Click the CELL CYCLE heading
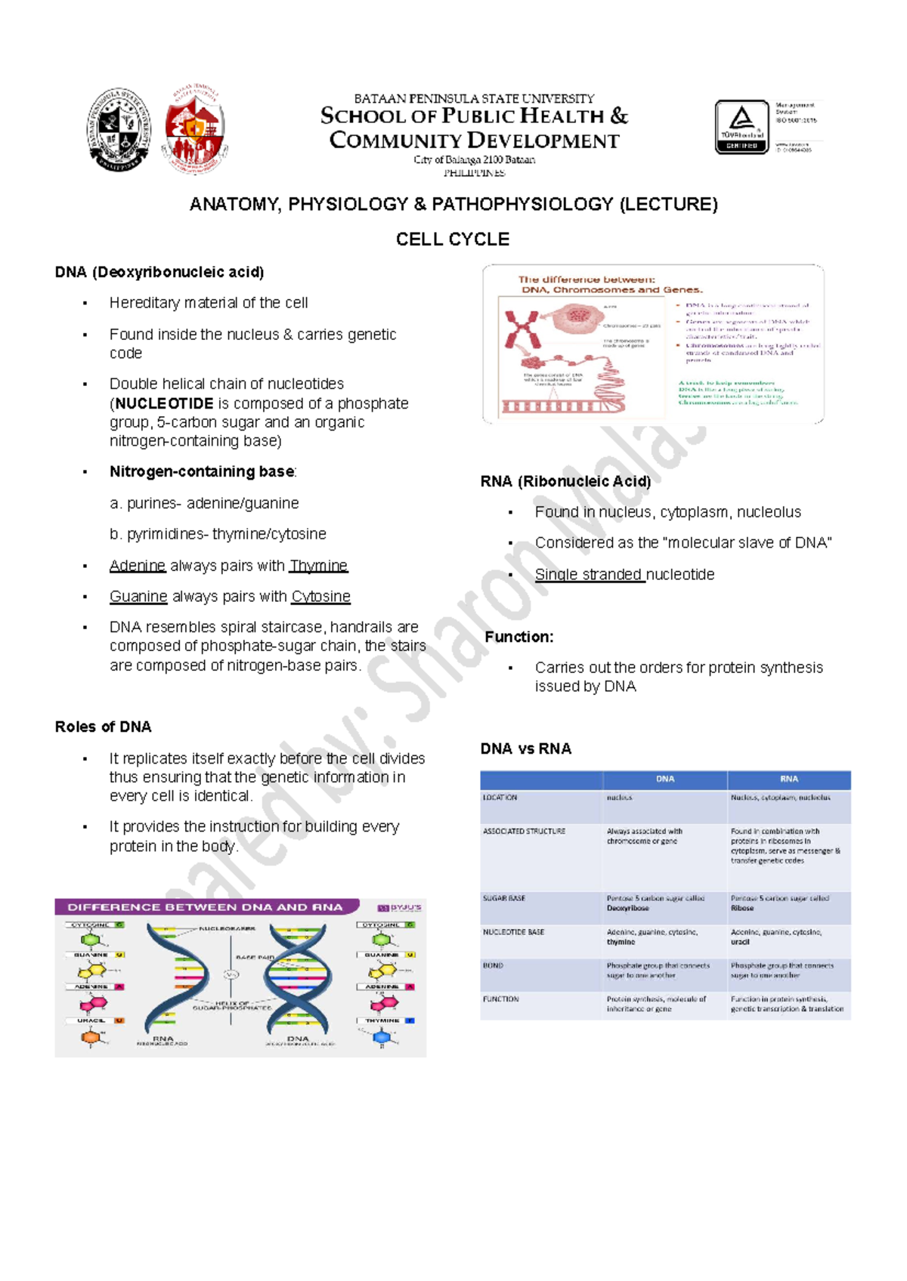coord(452,239)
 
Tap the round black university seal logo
coord(119,129)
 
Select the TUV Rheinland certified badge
coord(741,127)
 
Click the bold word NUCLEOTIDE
coord(164,403)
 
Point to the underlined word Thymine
coord(318,566)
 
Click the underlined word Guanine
coord(138,597)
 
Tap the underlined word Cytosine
coord(320,597)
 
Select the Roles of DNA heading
coord(103,727)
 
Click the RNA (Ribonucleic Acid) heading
coord(565,481)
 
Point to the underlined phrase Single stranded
coord(589,575)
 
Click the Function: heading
coord(519,637)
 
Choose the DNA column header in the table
coord(664,779)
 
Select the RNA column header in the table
coord(788,779)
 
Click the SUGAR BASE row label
coord(504,898)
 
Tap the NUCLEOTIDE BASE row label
coord(513,932)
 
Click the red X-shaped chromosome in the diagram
coord(522,329)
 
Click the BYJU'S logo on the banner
coord(400,907)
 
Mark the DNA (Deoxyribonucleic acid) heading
coord(159,272)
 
